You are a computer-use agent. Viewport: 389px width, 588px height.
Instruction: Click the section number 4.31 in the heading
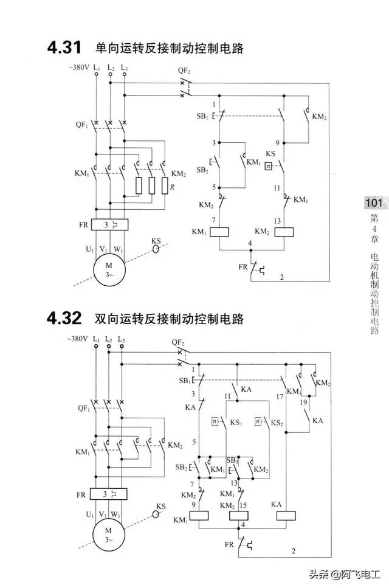pos(65,48)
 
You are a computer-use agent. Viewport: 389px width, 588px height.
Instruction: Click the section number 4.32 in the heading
pos(65,318)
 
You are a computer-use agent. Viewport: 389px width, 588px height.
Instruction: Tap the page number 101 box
pos(373,203)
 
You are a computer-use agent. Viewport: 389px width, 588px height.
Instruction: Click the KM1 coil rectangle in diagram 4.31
pos(218,232)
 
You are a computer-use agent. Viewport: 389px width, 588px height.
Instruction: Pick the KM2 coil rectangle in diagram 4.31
pos(284,232)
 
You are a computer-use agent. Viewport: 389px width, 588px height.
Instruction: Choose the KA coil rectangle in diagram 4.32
pos(286,514)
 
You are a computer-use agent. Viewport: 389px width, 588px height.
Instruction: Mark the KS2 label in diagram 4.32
pos(277,421)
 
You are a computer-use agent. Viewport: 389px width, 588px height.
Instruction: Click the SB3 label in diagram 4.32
pos(232,460)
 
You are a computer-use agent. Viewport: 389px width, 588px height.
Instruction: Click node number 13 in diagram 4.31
pos(278,220)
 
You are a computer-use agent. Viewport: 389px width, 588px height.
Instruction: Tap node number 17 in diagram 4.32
pos(280,396)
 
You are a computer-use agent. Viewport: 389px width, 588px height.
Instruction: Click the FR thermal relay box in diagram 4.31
pos(109,224)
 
